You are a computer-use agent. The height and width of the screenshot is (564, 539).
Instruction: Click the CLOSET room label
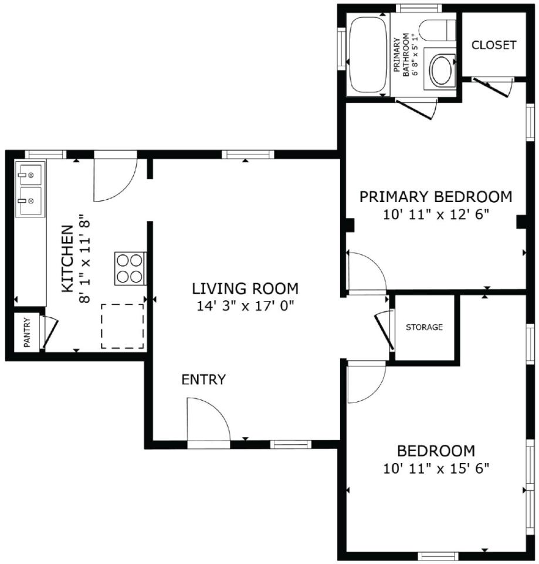pyautogui.click(x=493, y=45)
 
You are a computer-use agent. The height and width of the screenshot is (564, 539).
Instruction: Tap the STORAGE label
pyautogui.click(x=424, y=327)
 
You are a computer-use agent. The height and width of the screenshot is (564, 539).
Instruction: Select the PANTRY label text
pyautogui.click(x=27, y=333)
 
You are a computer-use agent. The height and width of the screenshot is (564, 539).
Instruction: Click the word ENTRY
pyautogui.click(x=204, y=380)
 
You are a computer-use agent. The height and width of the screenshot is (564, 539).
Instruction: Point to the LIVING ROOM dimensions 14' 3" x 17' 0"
pyautogui.click(x=245, y=306)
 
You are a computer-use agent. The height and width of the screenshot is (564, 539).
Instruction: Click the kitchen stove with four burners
pyautogui.click(x=130, y=268)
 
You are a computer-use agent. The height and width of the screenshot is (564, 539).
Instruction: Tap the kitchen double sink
pyautogui.click(x=30, y=190)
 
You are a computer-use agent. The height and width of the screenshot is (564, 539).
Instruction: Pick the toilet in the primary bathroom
pyautogui.click(x=436, y=30)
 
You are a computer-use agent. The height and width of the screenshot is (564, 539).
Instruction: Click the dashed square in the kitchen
pyautogui.click(x=123, y=326)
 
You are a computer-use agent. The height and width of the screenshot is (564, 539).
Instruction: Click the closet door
pyautogui.click(x=492, y=87)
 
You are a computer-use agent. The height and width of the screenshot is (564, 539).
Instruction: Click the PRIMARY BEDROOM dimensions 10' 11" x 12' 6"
pyautogui.click(x=436, y=215)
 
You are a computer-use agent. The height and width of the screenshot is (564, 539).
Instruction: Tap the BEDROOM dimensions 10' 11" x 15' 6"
pyautogui.click(x=436, y=468)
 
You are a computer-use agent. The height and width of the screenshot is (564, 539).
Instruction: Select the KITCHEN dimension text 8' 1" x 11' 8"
pyautogui.click(x=84, y=258)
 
